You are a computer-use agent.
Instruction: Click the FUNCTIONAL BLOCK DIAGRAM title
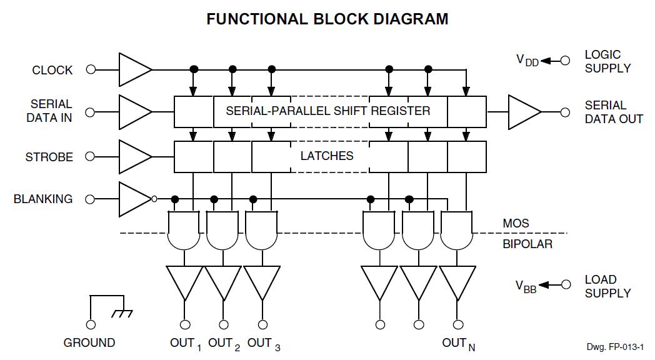pyautogui.click(x=327, y=19)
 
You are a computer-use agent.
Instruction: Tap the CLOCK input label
pyautogui.click(x=52, y=70)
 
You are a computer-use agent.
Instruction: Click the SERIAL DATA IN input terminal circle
pyautogui.click(x=91, y=112)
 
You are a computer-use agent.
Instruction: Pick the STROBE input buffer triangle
pyautogui.click(x=133, y=156)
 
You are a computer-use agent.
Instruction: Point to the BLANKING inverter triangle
pyautogui.click(x=132, y=199)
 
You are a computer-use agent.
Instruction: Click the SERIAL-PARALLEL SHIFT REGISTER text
pyautogui.click(x=327, y=111)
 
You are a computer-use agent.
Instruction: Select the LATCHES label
pyautogui.click(x=327, y=156)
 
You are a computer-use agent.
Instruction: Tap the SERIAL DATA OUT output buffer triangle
pyautogui.click(x=523, y=112)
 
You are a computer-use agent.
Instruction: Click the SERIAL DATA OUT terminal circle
pyautogui.click(x=566, y=112)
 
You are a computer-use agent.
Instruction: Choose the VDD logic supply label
pyautogui.click(x=527, y=60)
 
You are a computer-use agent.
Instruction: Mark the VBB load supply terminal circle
pyautogui.click(x=566, y=284)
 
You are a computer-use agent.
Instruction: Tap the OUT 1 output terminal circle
pyautogui.click(x=185, y=324)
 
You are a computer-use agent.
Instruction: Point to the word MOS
pyautogui.click(x=516, y=223)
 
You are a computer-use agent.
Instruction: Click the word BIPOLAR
pyautogui.click(x=527, y=244)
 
